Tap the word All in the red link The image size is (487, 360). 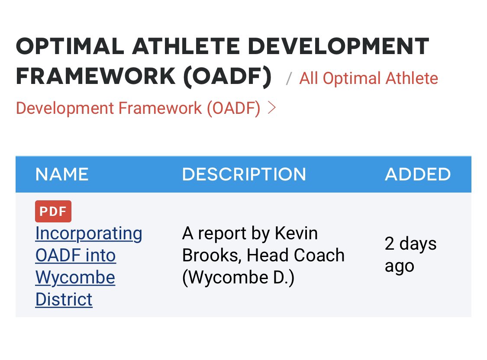point(309,79)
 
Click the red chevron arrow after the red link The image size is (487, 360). point(271,108)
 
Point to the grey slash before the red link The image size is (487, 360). point(289,79)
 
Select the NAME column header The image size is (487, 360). point(62,174)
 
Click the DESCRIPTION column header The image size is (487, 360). point(244,174)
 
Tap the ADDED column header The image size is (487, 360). point(418,174)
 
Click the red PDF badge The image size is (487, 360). point(53,212)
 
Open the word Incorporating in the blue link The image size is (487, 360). point(89,234)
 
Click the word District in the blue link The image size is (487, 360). point(64,299)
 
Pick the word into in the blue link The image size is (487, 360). point(100,255)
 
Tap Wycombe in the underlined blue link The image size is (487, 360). point(75,277)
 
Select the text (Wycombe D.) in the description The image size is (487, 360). point(238,277)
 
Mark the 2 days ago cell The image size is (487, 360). point(410,255)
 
